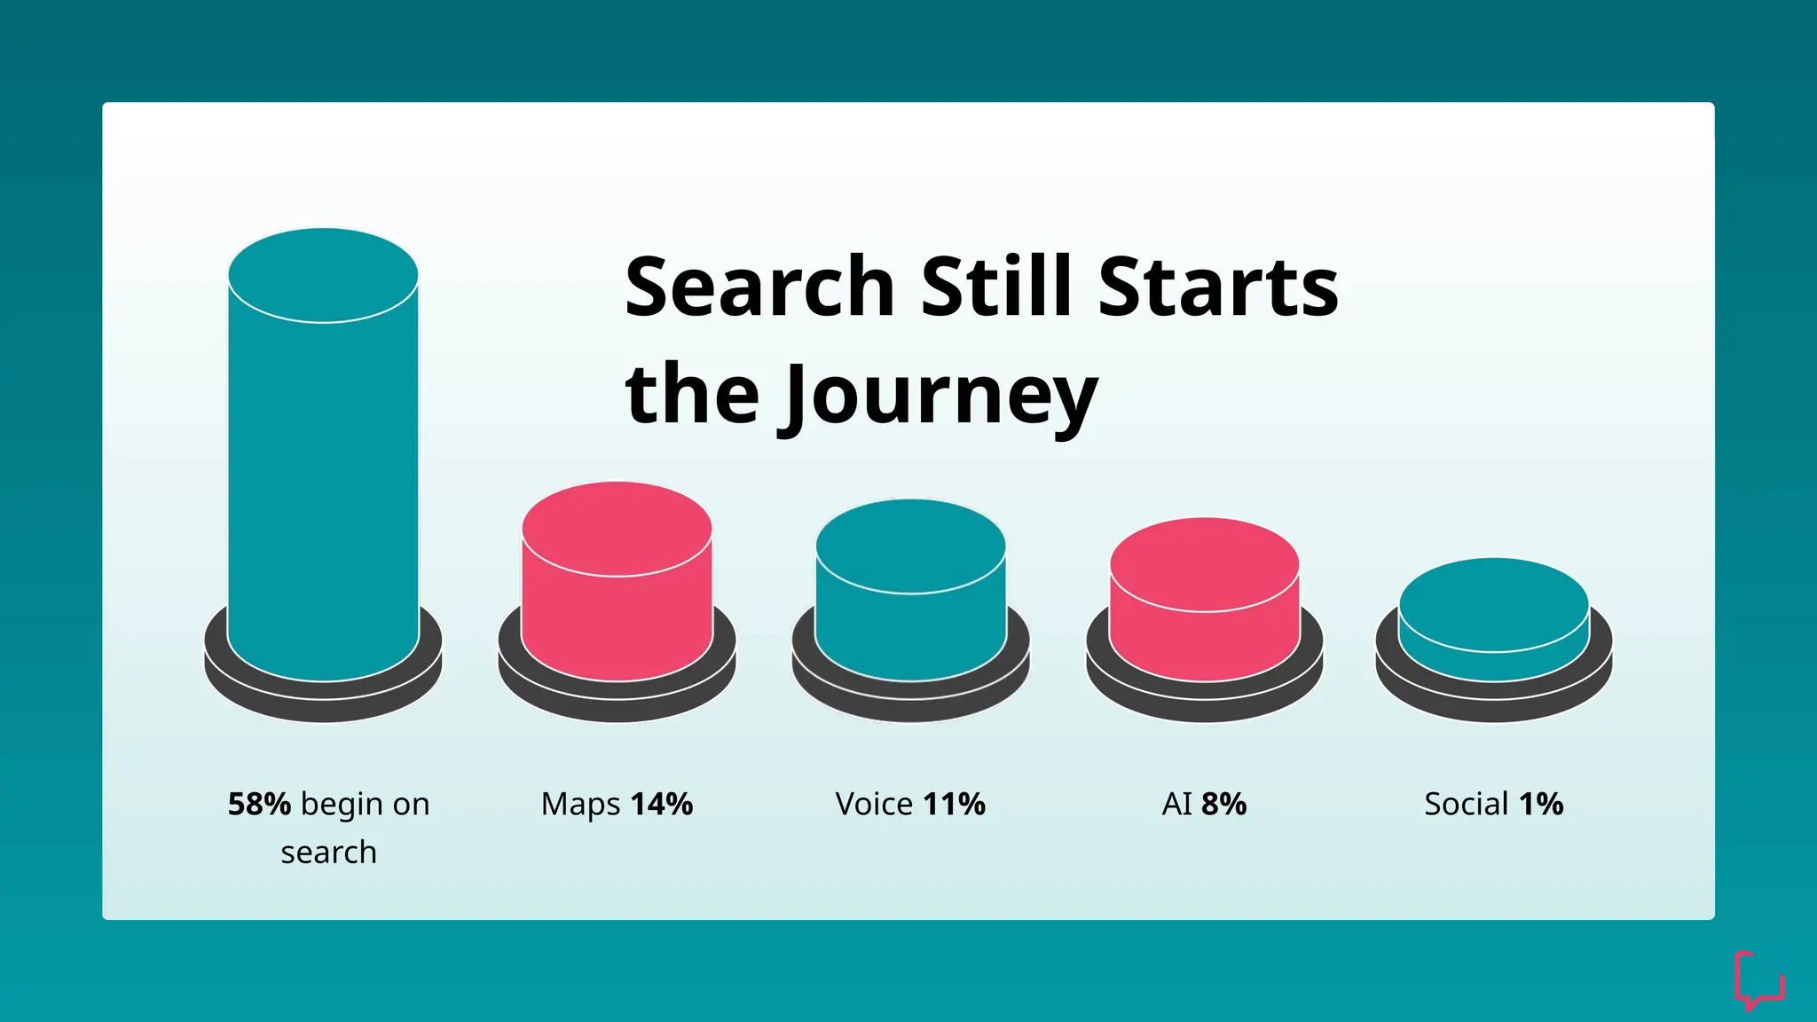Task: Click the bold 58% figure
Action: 259,804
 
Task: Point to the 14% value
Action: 662,804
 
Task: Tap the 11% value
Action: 955,804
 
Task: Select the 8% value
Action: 1224,804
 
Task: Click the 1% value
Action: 1541,804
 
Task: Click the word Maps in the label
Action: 581,804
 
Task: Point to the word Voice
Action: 875,804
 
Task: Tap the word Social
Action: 1467,804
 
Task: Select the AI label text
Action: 1177,804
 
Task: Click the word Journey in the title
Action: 940,396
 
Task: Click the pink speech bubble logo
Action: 1758,980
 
